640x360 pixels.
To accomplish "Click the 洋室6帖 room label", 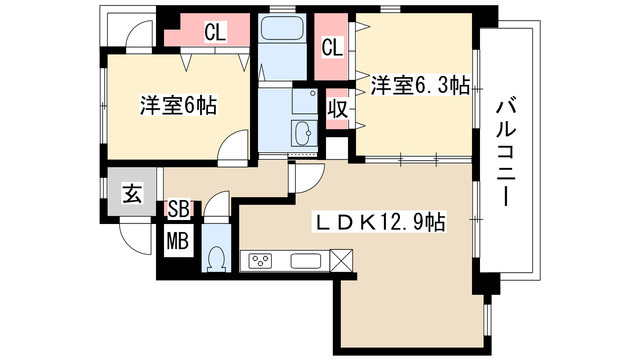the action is pos(178,106).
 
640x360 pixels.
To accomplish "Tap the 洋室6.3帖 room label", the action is pos(420,86).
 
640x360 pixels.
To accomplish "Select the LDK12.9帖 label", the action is pos(378,222).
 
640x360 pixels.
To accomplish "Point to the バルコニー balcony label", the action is pos(506,153).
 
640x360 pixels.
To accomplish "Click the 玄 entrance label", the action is pos(132,193).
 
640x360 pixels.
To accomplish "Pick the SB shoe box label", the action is pos(179,209).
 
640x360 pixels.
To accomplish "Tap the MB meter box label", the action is pos(178,241).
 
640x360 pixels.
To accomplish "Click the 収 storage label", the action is pos(338,109).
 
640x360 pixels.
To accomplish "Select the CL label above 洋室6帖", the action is pos(215,32).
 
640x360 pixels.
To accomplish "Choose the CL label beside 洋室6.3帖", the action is pos(333,47).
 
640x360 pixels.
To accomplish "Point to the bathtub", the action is pos(282,29).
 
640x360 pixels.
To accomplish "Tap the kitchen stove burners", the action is pos(261,260).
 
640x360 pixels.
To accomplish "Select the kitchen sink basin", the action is pos(306,261).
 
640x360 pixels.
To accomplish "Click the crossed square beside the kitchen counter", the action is pos(341,260).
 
